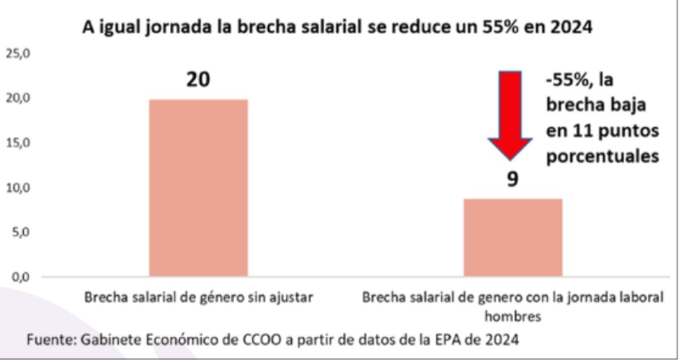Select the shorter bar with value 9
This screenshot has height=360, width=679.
513,238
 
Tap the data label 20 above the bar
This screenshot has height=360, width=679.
198,80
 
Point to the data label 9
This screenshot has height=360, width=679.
512,179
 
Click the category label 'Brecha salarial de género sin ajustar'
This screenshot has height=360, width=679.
198,298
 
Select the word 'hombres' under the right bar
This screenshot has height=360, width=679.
512,317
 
